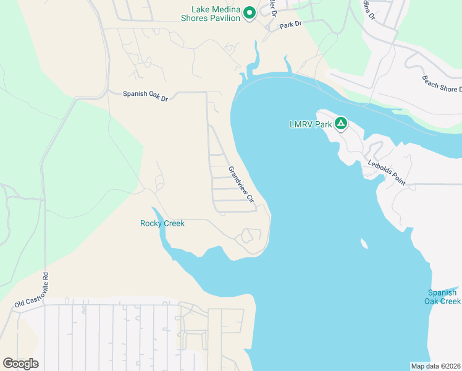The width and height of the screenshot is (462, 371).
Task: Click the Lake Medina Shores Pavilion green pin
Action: (250, 12)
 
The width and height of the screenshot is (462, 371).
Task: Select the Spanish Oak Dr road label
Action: (145, 94)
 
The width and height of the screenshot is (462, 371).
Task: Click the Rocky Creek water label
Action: (162, 223)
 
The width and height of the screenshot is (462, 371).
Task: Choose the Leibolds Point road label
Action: (387, 173)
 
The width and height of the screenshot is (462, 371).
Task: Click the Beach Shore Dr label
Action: (441, 83)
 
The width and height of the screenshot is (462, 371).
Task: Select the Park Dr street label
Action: (290, 25)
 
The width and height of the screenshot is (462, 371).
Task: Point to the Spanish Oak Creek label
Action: (442, 297)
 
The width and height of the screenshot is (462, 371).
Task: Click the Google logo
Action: (20, 364)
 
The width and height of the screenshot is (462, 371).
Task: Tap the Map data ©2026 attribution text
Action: (436, 366)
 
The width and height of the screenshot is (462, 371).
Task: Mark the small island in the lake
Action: (363, 244)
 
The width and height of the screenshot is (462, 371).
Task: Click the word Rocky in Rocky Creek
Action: (151, 223)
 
